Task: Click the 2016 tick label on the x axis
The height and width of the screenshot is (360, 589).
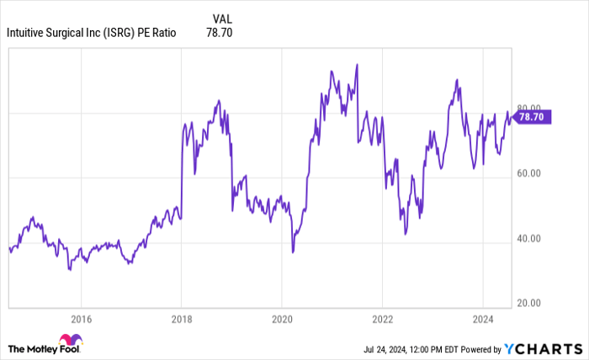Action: click(80, 320)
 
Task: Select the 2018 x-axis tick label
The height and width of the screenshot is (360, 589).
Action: click(181, 320)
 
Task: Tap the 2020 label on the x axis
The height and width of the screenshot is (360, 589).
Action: click(282, 320)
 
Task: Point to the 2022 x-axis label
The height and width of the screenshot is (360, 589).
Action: click(382, 320)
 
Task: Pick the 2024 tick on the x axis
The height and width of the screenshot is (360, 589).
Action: click(483, 320)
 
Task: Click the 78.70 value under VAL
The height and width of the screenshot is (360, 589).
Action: click(219, 34)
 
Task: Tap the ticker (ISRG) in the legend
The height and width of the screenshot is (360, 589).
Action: click(118, 34)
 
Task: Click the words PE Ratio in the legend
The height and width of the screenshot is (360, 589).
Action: click(159, 34)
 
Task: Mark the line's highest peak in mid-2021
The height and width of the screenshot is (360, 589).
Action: click(358, 64)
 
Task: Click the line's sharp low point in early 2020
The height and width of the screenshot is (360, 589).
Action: click(293, 251)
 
